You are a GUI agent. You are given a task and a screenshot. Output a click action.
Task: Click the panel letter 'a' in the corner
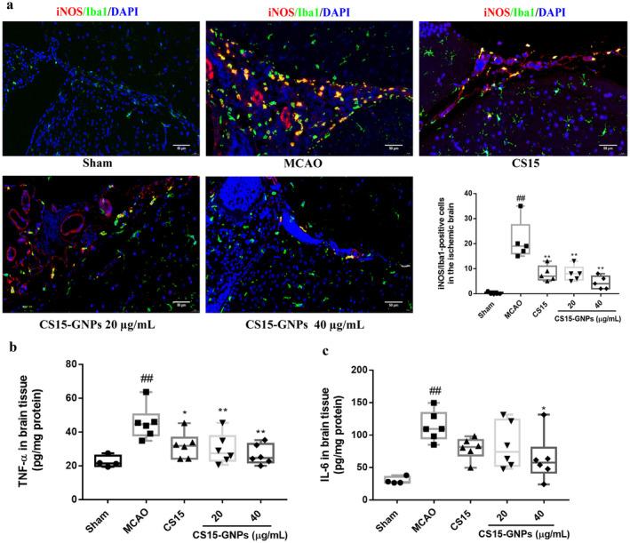[x=6, y=7]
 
